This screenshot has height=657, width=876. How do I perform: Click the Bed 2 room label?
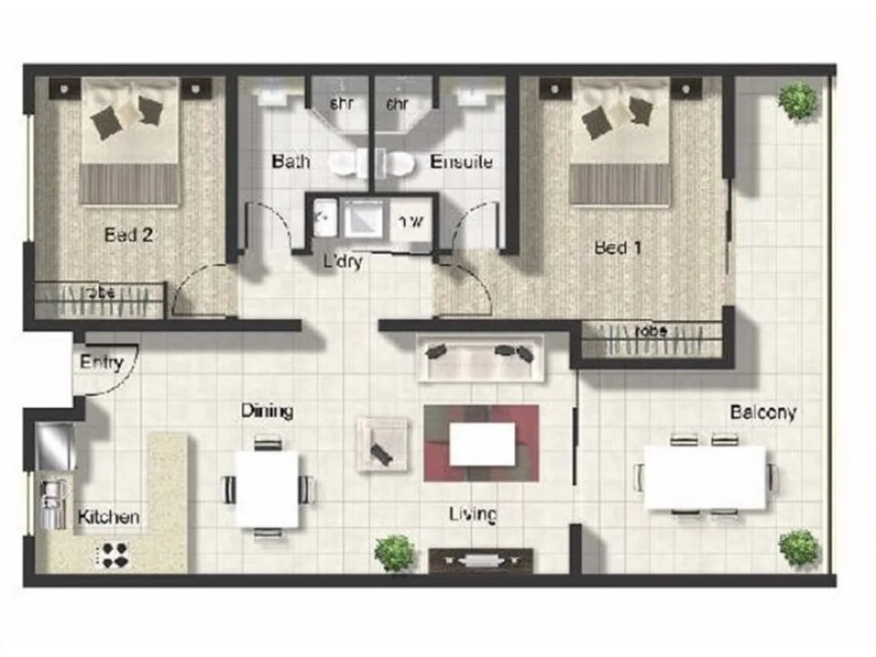point(128,235)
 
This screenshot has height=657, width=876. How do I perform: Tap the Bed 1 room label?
point(618,248)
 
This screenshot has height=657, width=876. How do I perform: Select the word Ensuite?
point(461,161)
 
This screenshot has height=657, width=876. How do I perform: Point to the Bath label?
point(290,161)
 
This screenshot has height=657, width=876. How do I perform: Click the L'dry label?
point(343,261)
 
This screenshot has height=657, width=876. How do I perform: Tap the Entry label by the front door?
point(101,362)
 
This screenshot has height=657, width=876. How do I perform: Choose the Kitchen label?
point(108,518)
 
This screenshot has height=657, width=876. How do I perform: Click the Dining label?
point(266,411)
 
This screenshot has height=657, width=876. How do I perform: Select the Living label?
point(472,515)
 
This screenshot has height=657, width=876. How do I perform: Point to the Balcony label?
point(763,412)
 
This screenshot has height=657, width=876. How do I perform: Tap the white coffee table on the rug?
point(482,444)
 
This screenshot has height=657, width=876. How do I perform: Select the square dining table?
point(266,488)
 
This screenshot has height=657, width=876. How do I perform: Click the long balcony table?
point(704,477)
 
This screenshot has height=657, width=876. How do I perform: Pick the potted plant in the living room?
point(395,553)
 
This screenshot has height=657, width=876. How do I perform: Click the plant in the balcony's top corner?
point(796,101)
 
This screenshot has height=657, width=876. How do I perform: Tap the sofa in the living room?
point(480,358)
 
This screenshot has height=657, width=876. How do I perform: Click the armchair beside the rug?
point(382,444)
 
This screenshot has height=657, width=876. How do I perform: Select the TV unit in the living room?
point(480,560)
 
